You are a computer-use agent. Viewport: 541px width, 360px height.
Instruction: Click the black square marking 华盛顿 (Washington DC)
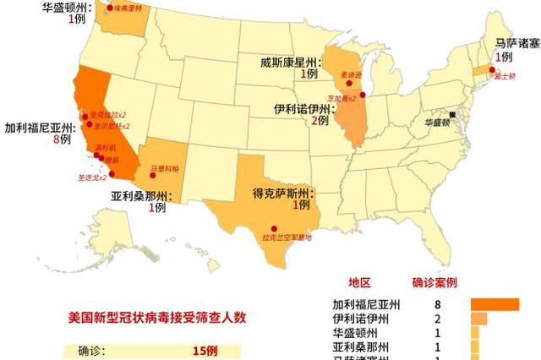click(x=452, y=115)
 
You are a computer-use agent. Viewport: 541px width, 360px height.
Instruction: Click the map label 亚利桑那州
click(x=139, y=196)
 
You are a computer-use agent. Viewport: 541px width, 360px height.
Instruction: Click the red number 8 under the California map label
click(x=56, y=139)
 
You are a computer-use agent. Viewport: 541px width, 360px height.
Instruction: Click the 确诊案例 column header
click(x=435, y=282)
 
